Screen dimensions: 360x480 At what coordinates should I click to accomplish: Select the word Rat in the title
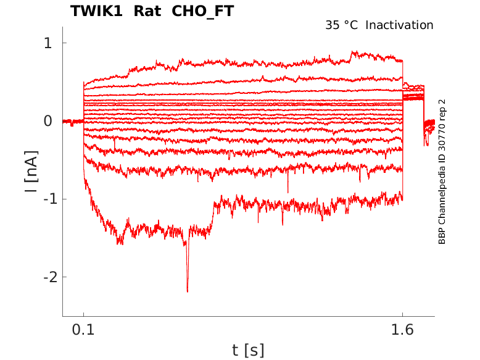[147, 11]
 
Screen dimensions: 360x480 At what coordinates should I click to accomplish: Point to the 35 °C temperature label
[341, 25]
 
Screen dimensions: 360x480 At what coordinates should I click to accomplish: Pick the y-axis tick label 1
[47, 43]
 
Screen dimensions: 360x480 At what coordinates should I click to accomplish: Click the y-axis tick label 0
[47, 121]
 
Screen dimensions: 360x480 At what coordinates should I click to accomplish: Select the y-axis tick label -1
[44, 199]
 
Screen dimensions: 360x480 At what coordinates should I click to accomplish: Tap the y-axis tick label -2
[44, 277]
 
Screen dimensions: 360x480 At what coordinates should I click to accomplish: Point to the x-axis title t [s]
[248, 350]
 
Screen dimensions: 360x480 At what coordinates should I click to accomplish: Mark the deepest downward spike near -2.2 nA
[187, 290]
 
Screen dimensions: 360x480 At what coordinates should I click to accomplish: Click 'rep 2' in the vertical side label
[442, 109]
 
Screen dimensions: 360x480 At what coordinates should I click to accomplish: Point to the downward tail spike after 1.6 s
[425, 144]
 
